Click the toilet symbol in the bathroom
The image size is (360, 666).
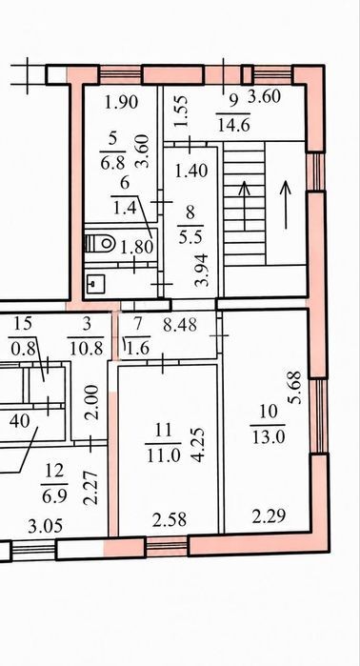tap(100, 243)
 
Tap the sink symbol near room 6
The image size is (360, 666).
tap(95, 283)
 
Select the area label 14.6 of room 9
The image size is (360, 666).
tap(233, 126)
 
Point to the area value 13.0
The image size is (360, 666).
tap(267, 437)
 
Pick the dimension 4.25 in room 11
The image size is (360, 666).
tap(198, 444)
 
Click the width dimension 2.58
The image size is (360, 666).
tap(169, 519)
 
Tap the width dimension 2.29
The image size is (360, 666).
tap(268, 517)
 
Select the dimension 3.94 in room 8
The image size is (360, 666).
tap(203, 270)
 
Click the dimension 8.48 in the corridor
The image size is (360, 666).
tap(180, 325)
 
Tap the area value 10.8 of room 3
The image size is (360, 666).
tap(86, 349)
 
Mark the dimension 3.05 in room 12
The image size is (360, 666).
tap(46, 527)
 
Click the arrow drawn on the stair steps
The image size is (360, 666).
tap(244, 205)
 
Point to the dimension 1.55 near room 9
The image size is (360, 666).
tap(181, 111)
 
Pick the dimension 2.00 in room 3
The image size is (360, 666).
tap(91, 402)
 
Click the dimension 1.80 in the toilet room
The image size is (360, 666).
tap(136, 247)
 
